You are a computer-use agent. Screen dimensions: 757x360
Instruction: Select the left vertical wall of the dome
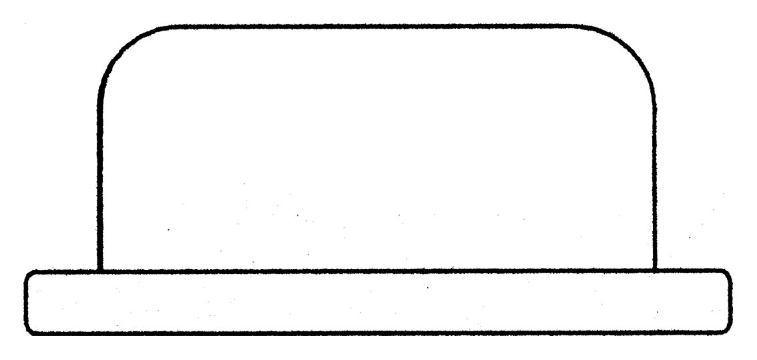(x=99, y=180)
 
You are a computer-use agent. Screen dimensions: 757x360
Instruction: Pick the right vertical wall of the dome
(x=654, y=180)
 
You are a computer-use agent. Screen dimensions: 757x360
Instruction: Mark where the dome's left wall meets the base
(x=99, y=271)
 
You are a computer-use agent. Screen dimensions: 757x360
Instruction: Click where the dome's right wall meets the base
(x=654, y=271)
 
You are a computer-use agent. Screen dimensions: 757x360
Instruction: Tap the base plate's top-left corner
(x=28, y=273)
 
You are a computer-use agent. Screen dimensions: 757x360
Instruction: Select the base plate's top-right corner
(x=728, y=273)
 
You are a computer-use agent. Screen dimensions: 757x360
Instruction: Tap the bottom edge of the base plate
(x=377, y=333)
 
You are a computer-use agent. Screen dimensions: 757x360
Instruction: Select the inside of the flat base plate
(x=377, y=302)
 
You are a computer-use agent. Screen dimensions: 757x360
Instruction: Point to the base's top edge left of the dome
(x=63, y=271)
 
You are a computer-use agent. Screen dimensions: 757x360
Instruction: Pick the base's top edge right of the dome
(x=691, y=271)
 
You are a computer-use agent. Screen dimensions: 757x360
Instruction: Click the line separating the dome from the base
(x=377, y=271)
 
